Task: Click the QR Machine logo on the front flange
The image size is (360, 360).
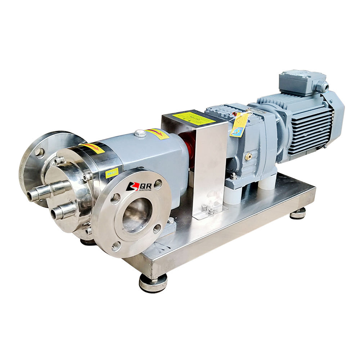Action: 139,186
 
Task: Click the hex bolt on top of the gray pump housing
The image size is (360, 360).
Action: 140,133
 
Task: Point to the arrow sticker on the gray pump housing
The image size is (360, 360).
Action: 157,134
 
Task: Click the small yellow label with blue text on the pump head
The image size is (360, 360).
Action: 112,173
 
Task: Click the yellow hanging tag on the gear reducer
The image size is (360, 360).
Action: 239,124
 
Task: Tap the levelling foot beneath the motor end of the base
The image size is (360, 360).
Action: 298,213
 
